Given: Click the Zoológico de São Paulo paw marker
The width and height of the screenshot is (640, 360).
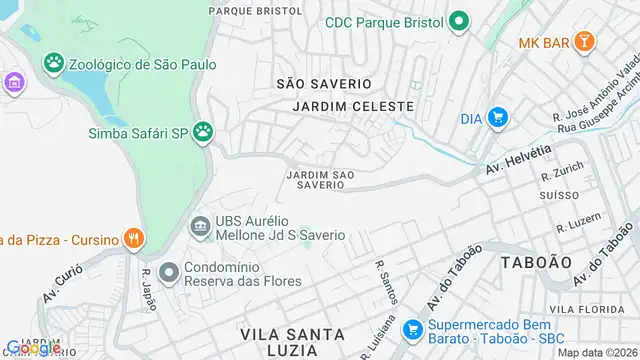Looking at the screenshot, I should point(52,64).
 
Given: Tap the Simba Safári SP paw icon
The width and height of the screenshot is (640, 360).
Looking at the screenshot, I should point(204,131).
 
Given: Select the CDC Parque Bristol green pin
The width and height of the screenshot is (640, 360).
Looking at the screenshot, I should point(459,21).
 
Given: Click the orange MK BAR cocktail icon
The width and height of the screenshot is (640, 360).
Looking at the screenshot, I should point(585,42).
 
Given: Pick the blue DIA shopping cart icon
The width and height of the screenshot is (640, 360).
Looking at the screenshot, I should point(497,119).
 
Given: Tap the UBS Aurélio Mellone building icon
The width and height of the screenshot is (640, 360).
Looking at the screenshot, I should point(200,226).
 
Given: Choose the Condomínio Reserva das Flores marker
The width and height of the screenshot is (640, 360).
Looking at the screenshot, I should point(168,270).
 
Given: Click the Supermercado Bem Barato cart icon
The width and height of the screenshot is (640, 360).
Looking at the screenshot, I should point(411,327).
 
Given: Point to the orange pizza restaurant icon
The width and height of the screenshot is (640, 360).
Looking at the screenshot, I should point(132,238).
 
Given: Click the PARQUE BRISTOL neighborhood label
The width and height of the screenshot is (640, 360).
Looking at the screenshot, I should point(255,10).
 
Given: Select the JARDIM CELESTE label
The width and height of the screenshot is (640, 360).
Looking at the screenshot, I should point(354,106).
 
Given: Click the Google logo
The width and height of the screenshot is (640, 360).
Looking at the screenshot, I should point(31,348).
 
